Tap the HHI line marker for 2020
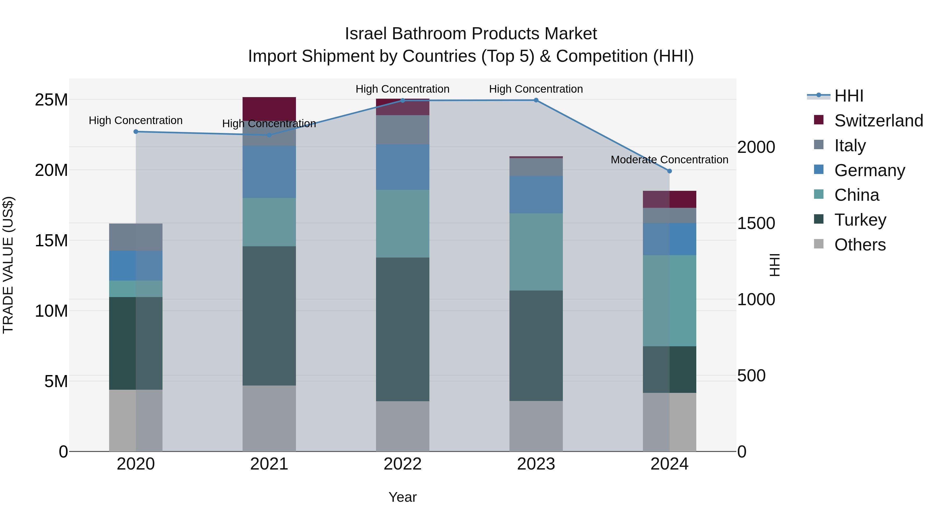pos(136,132)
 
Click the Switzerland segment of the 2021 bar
pos(269,109)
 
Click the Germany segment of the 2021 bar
pos(269,172)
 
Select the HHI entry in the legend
pos(848,96)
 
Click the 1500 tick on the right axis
pos(755,224)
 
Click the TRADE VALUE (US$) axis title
pos(8,265)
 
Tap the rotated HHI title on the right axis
pos(775,265)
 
